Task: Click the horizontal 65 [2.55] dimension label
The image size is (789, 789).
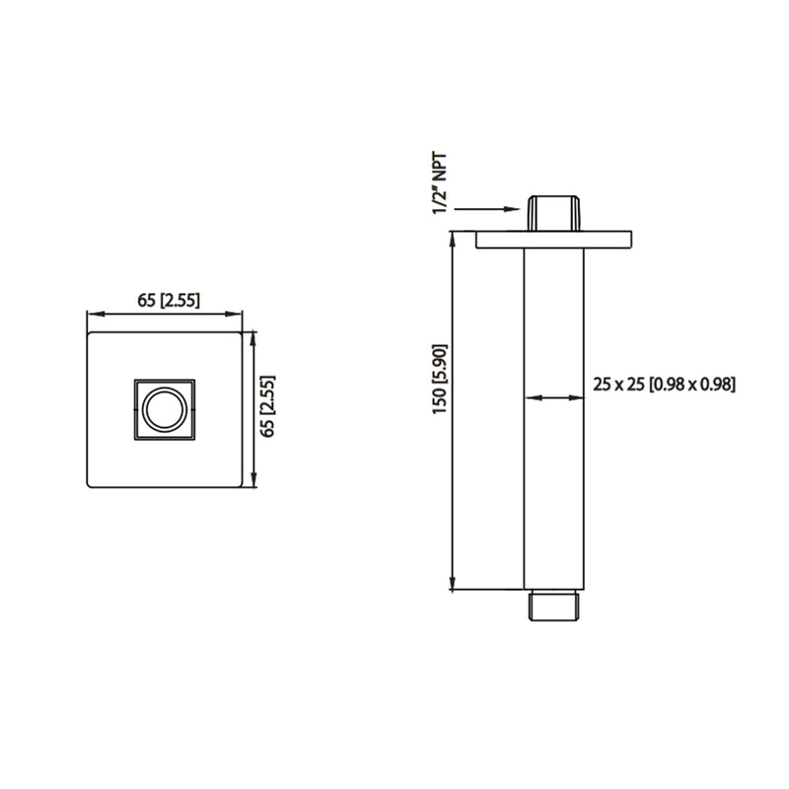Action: point(166,301)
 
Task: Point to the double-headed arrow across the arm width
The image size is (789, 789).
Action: point(552,398)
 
